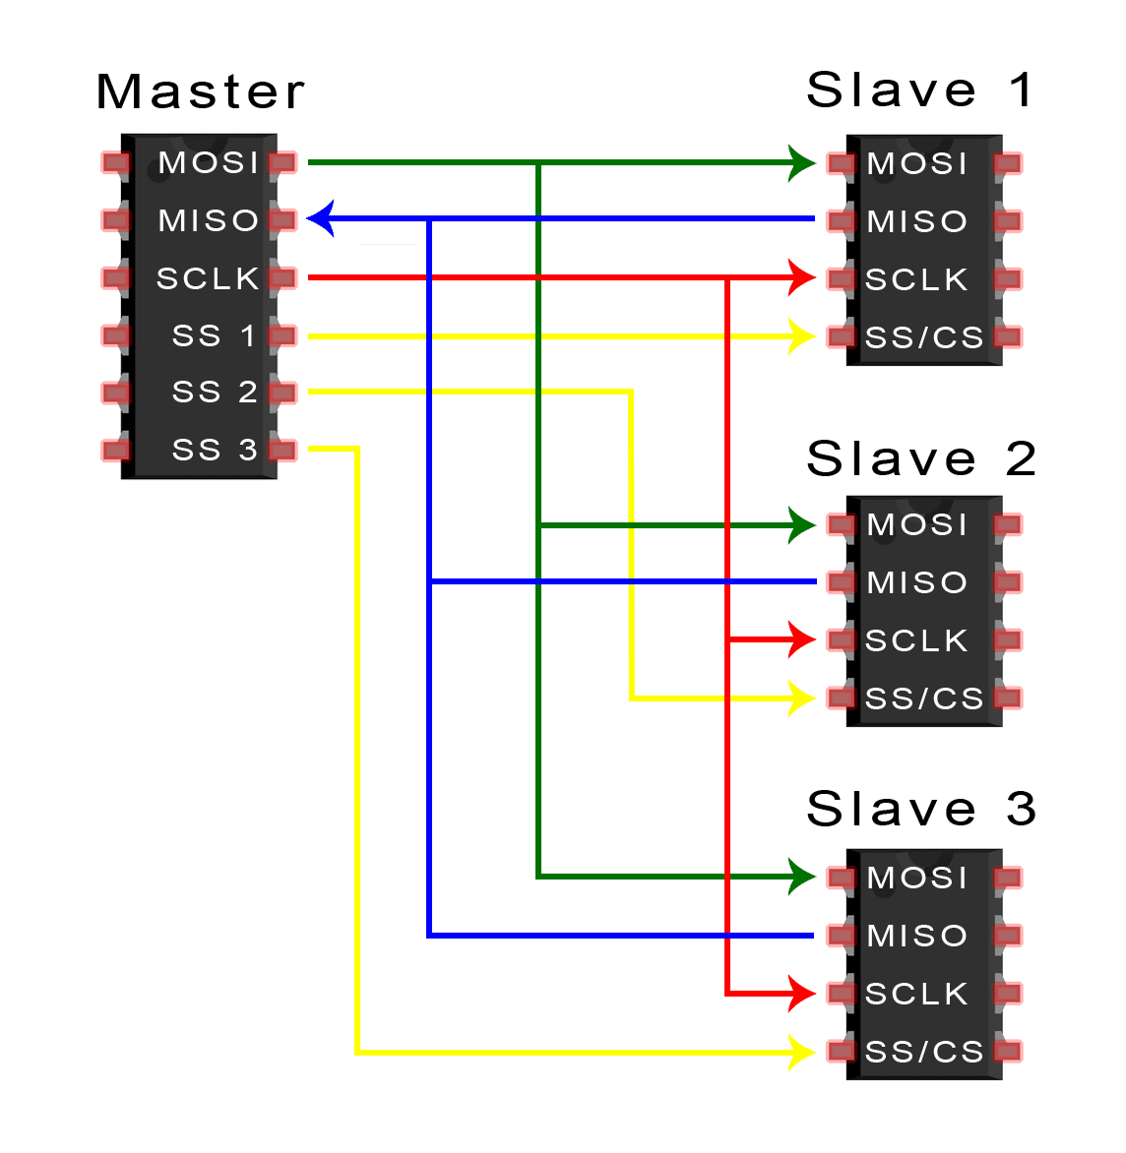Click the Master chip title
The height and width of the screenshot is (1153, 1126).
coord(201,91)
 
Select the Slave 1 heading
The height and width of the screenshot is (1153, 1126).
coord(919,90)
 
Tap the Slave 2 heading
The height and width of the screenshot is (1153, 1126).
coord(920,458)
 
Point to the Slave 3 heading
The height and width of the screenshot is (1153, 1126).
coord(920,809)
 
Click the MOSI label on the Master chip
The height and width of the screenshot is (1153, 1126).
coord(209,162)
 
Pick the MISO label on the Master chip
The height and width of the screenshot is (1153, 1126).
coord(209,220)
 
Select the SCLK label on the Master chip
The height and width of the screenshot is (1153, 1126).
coord(208,278)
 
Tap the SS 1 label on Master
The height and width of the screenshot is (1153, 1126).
coord(215,335)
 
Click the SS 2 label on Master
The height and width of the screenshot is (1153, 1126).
coord(215,392)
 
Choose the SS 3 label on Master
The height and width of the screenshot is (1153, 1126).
coord(215,450)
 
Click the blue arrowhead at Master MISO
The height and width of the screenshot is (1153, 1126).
coord(321,218)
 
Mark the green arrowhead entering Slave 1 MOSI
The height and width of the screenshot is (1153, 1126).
coord(802,162)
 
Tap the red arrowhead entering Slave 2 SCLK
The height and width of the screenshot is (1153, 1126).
coord(802,639)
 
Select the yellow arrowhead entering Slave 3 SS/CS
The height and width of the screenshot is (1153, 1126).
coord(802,1053)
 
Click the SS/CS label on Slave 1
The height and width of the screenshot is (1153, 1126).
coord(924,337)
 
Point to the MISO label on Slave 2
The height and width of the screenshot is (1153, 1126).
coord(917,582)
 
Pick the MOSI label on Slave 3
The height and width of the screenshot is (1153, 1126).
coord(917,878)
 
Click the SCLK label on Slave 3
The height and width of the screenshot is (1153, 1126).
coord(916,994)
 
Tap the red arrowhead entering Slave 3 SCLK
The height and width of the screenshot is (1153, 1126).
coord(802,994)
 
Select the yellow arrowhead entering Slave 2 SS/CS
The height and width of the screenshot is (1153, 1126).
coord(802,698)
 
